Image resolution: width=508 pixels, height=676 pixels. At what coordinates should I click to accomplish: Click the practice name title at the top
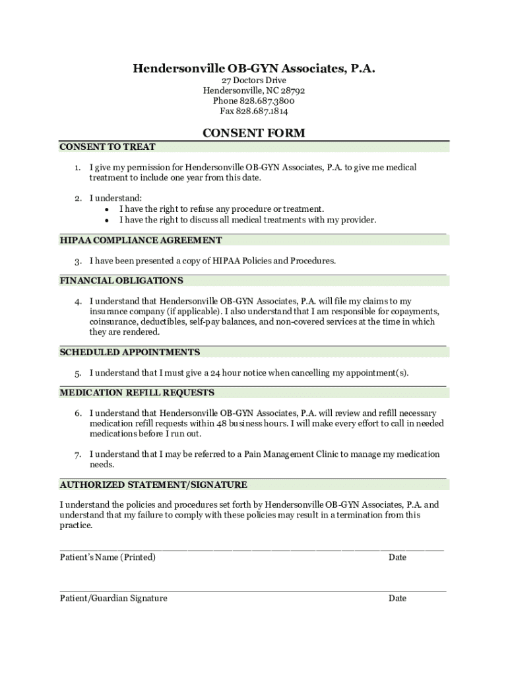pyautogui.click(x=254, y=68)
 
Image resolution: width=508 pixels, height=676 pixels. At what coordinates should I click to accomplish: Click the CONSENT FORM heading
pyautogui.click(x=254, y=133)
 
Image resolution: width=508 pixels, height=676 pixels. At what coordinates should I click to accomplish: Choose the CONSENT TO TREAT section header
pyautogui.click(x=108, y=147)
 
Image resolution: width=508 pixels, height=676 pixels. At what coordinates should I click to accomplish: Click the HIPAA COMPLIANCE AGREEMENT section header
pyautogui.click(x=141, y=240)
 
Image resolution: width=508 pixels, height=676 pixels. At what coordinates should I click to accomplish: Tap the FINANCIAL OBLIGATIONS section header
pyautogui.click(x=121, y=281)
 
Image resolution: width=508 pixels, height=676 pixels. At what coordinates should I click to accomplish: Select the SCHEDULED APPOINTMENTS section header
pyautogui.click(x=130, y=352)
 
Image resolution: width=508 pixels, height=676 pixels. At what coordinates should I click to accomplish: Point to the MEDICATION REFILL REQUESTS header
pyautogui.click(x=137, y=393)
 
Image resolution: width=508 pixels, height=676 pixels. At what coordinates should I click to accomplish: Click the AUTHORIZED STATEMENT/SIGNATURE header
pyautogui.click(x=154, y=485)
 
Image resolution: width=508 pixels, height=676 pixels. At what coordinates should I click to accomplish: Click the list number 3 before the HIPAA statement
pyautogui.click(x=77, y=261)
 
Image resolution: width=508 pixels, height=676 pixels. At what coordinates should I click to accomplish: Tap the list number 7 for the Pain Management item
pyautogui.click(x=77, y=455)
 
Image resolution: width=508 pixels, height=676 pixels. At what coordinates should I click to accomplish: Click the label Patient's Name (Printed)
pyautogui.click(x=108, y=557)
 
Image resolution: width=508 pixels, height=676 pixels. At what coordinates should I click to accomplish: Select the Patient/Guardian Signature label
pyautogui.click(x=113, y=598)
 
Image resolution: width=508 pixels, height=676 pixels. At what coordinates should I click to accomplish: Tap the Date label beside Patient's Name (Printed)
pyautogui.click(x=397, y=557)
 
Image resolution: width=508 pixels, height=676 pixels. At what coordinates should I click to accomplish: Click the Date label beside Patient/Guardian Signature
pyautogui.click(x=397, y=598)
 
